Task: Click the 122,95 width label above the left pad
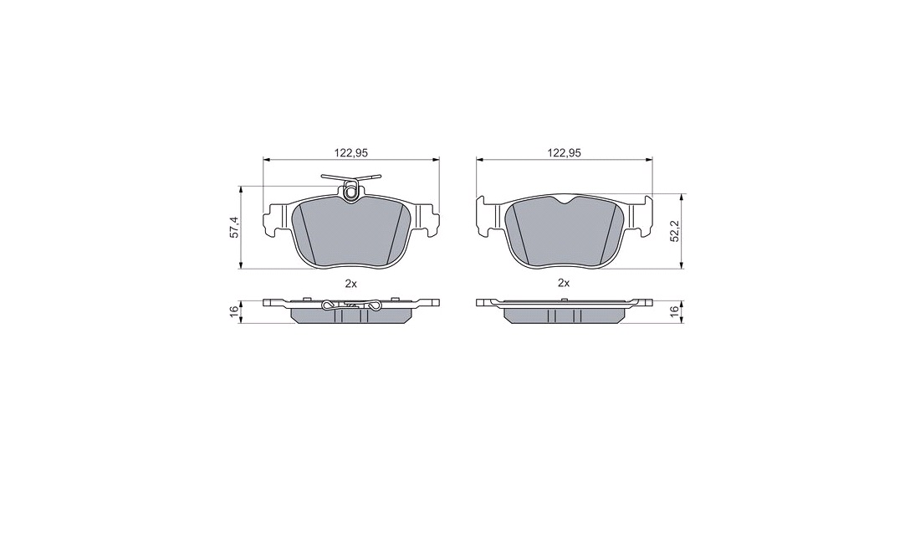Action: pos(351,152)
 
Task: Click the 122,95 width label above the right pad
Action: pos(564,152)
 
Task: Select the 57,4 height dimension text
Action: pos(234,227)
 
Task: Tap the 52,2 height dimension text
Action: pos(675,231)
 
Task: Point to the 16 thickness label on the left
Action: pos(234,311)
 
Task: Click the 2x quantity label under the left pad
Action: pos(351,284)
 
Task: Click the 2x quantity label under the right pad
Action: pos(564,284)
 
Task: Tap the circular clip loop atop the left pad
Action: pos(351,191)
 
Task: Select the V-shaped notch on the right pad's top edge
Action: pos(564,202)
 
